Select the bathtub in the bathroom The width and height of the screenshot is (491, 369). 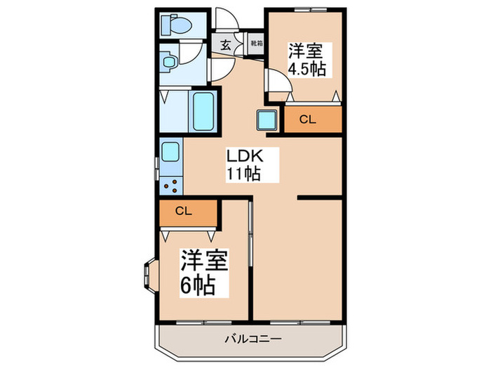point(204,111)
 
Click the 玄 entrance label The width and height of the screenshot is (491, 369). point(226,44)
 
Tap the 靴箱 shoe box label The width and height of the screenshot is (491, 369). point(255,44)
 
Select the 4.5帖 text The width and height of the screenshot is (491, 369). point(308,70)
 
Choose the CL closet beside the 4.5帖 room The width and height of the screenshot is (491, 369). point(312,119)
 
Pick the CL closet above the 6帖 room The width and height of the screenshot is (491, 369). point(184,210)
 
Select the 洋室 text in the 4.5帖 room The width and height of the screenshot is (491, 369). point(307,51)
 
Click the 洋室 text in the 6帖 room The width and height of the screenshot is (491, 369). point(206,261)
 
